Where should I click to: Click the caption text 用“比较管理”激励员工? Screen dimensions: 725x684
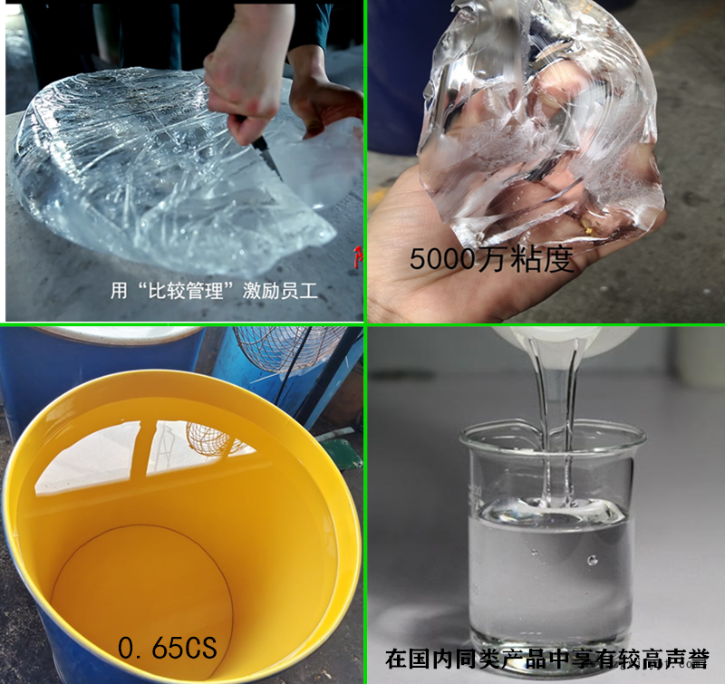(214, 291)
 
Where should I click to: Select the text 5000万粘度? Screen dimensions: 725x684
(491, 259)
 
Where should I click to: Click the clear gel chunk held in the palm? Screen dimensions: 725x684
(536, 125)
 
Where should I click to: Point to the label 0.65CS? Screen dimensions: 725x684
(168, 647)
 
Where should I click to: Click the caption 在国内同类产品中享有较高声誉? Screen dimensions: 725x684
(546, 659)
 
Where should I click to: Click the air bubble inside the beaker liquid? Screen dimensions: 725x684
(592, 561)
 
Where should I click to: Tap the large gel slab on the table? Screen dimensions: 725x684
(171, 171)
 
